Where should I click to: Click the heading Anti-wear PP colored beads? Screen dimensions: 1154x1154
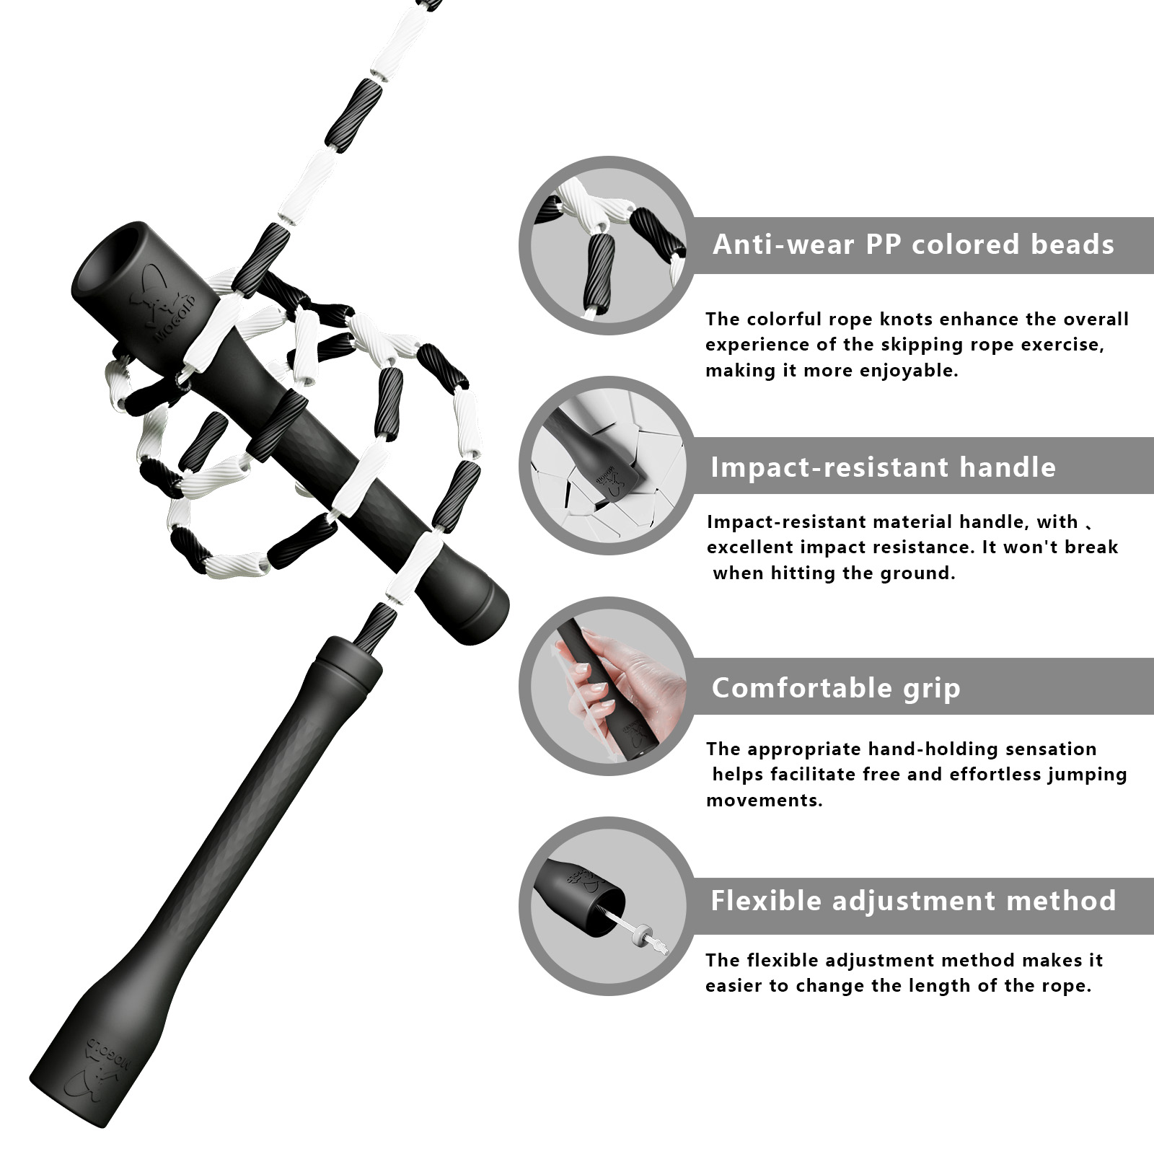pos(913,245)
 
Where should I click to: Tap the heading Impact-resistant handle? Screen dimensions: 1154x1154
pos(883,467)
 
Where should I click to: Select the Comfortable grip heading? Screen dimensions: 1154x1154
pos(836,688)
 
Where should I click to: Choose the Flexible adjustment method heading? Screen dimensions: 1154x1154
pos(913,901)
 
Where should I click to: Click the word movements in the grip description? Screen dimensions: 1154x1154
pos(765,801)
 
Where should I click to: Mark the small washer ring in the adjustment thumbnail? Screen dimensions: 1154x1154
pos(640,934)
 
